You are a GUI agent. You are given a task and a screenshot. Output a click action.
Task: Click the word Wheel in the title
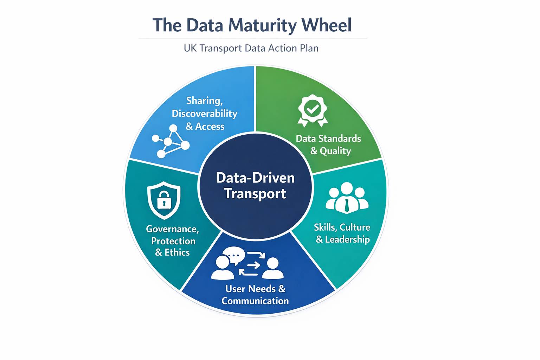click(x=326, y=25)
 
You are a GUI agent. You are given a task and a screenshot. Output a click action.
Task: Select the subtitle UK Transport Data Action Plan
click(x=251, y=48)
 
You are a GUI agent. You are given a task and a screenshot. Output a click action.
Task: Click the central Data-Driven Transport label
click(x=255, y=186)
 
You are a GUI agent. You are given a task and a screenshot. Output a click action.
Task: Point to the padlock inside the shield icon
click(x=164, y=200)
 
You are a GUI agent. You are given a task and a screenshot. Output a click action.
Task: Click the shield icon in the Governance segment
click(x=164, y=200)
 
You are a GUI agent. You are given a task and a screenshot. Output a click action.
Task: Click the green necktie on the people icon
click(x=347, y=205)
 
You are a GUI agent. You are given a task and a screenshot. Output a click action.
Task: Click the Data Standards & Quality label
click(x=329, y=144)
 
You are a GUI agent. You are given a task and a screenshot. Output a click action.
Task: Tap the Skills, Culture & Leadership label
click(x=342, y=233)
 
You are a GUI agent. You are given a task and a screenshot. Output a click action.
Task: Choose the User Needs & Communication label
click(x=255, y=295)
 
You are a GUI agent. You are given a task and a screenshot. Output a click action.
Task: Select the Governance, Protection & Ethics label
click(x=173, y=241)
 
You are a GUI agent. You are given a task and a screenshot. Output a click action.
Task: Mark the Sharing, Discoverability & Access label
click(x=205, y=114)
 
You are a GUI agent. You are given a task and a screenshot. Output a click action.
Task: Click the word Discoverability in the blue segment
click(x=205, y=114)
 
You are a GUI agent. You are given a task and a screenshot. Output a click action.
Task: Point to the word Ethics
click(x=177, y=252)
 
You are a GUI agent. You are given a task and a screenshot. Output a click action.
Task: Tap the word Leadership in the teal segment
click(x=347, y=239)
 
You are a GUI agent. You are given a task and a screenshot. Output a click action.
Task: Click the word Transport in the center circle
click(x=255, y=194)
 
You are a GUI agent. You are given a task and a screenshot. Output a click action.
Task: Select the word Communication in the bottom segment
click(x=255, y=301)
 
